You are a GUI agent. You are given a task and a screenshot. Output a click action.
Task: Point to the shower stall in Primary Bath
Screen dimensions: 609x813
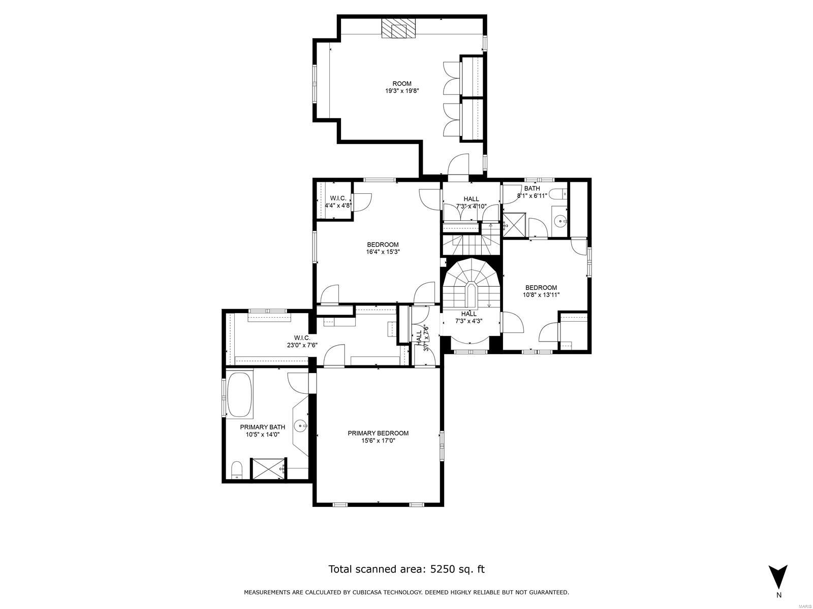coord(269,468)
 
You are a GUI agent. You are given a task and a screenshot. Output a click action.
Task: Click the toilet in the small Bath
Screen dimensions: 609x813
coord(559,194)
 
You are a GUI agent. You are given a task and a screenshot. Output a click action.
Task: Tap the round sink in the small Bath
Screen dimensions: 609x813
coord(560,221)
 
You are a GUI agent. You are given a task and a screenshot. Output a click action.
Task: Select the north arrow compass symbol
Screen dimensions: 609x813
coord(777,576)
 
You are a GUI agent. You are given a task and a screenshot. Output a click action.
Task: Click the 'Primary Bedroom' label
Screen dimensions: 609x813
coord(378,433)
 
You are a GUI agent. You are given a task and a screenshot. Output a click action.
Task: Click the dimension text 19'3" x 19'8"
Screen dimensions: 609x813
coord(402,91)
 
